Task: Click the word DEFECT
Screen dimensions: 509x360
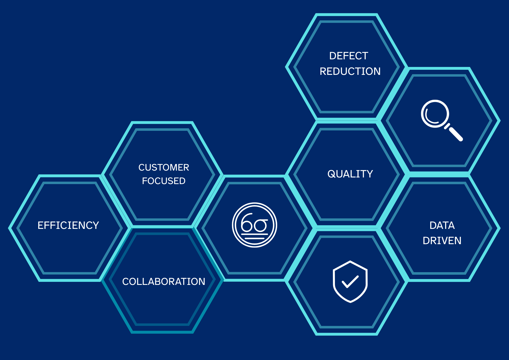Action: coord(349,56)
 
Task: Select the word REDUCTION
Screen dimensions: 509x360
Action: coord(350,71)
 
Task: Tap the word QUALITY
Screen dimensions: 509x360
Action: coord(350,174)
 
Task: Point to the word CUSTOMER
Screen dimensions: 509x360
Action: coord(164,168)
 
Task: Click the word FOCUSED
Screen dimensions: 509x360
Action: coord(164,181)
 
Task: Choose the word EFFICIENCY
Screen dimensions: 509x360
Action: coord(68,225)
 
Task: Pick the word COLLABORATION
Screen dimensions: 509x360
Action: coord(164,282)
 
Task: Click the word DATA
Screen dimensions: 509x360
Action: coord(442,225)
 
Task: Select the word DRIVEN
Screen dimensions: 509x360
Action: coord(442,241)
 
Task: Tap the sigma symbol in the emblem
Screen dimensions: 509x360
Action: coord(261,225)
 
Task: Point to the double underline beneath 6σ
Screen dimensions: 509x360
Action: coord(254,236)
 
